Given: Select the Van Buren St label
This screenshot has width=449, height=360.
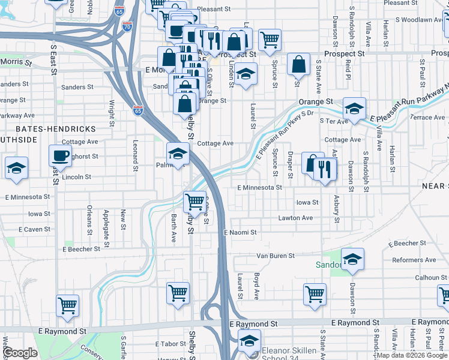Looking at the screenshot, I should coord(276,256).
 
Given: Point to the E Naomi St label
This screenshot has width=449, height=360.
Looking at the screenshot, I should coord(240,232).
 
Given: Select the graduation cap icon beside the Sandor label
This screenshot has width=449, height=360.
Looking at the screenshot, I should coord(353,260).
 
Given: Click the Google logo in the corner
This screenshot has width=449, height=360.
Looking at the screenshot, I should coord(20,353).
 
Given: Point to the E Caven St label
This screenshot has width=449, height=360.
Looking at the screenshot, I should coord(35,229).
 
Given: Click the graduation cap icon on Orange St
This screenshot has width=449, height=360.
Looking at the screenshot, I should coord(354,109).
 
